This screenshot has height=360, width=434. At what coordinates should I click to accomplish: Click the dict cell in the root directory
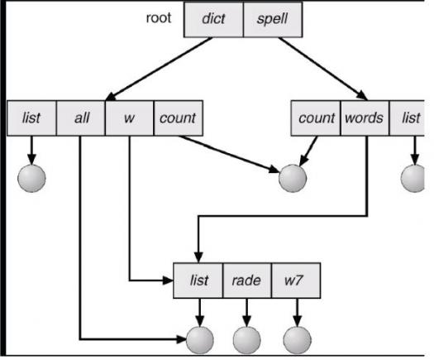[x=213, y=20]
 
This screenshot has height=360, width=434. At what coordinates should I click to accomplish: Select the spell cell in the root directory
[x=273, y=20]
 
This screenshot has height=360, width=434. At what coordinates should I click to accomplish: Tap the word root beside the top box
[x=159, y=18]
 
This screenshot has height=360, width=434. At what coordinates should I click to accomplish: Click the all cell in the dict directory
[x=81, y=118]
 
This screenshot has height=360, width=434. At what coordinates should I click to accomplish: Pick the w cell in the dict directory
[x=129, y=118]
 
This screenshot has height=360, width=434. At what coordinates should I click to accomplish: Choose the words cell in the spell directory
[x=365, y=118]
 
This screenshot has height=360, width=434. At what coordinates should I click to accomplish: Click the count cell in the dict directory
[x=179, y=118]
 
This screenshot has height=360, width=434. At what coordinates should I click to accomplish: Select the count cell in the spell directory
[x=316, y=118]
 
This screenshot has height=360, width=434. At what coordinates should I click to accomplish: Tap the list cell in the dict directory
[x=31, y=118]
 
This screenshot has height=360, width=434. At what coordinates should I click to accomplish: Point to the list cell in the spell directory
[x=407, y=118]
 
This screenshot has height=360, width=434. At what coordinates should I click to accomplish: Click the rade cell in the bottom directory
[x=247, y=281]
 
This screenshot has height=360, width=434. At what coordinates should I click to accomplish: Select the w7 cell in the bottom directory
[x=296, y=281]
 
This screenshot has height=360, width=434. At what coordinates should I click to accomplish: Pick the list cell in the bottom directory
[x=198, y=281]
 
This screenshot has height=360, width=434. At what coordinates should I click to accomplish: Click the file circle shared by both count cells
[x=293, y=178]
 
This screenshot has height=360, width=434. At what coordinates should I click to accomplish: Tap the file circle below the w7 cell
[x=298, y=340]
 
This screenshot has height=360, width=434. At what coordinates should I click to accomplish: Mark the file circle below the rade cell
[x=247, y=340]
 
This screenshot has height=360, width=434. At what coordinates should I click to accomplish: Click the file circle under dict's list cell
[x=31, y=178]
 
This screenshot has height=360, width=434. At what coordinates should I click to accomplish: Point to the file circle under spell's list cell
[x=413, y=178]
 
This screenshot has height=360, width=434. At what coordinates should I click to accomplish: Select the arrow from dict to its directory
[x=159, y=69]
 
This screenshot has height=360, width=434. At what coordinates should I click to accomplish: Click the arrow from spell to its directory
[x=323, y=69]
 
